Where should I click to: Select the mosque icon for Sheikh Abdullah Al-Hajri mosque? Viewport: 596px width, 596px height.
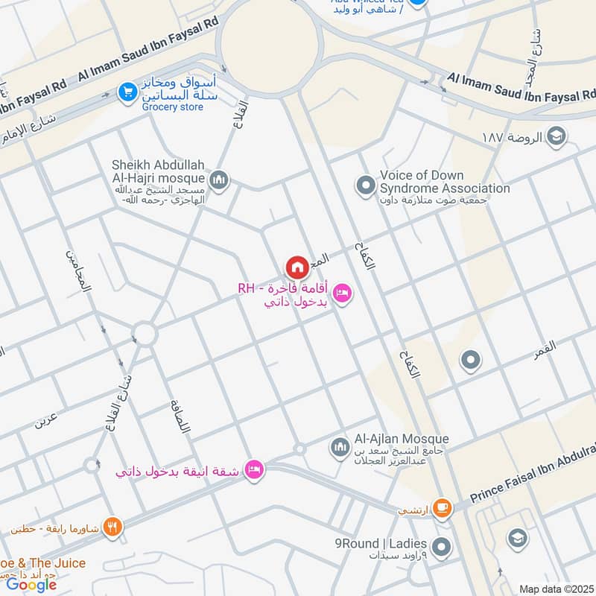[219, 180]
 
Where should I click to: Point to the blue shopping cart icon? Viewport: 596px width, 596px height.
[127, 92]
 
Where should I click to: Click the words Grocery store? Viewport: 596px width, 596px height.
[173, 107]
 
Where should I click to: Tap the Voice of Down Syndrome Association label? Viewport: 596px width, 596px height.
[445, 182]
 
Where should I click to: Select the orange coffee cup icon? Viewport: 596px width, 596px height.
[442, 507]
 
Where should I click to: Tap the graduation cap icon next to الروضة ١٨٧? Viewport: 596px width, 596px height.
[555, 136]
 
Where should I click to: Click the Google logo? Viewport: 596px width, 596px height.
[31, 584]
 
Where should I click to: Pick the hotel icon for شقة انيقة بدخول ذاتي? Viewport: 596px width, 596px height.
[254, 470]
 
